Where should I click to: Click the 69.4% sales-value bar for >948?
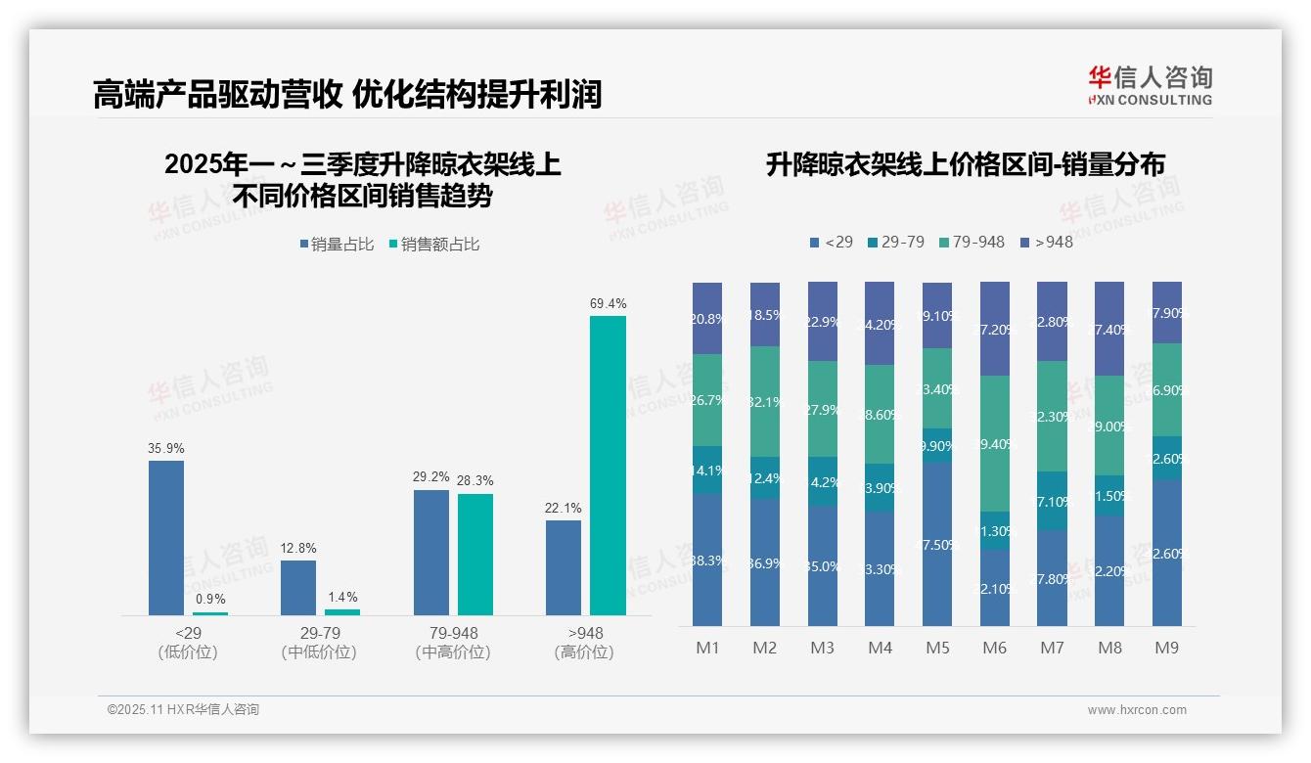click(x=608, y=465)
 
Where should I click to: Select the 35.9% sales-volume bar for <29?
click(x=166, y=537)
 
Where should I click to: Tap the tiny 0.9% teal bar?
click(x=210, y=613)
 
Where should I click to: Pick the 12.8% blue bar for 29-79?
click(x=298, y=587)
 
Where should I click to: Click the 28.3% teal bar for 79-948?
click(x=475, y=554)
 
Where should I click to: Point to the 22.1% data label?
click(x=564, y=508)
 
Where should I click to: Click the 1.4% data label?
click(x=342, y=597)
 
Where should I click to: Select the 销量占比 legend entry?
click(x=338, y=245)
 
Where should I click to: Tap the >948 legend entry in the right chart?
click(x=1046, y=242)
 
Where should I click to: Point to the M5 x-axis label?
click(x=937, y=648)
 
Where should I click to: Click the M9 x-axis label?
click(x=1166, y=648)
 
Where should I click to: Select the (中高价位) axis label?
click(x=453, y=652)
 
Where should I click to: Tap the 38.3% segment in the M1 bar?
click(x=707, y=560)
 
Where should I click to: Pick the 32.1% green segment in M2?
click(x=765, y=401)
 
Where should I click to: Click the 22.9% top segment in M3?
click(x=823, y=321)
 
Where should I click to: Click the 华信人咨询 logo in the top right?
click(x=1150, y=85)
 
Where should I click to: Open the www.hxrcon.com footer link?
click(x=1137, y=710)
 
